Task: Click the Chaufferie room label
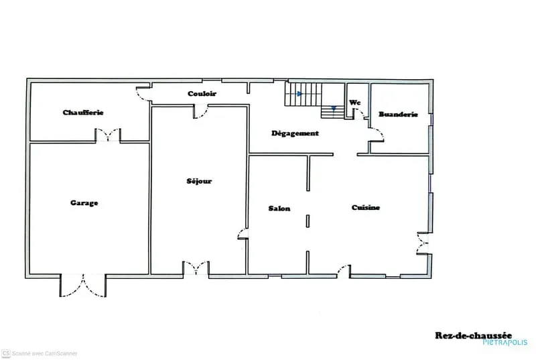83,113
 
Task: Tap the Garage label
84,202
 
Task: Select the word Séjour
199,181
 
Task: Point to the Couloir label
202,93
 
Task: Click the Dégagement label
295,133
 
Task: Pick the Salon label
279,208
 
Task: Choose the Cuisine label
365,208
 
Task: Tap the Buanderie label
398,114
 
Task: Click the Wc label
355,102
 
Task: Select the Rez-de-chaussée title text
473,335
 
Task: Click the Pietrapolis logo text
505,342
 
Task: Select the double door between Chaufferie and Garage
108,135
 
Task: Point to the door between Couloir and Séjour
202,112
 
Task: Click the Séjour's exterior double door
196,268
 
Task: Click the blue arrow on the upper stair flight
299,94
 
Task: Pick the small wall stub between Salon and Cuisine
308,221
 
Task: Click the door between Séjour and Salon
243,234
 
